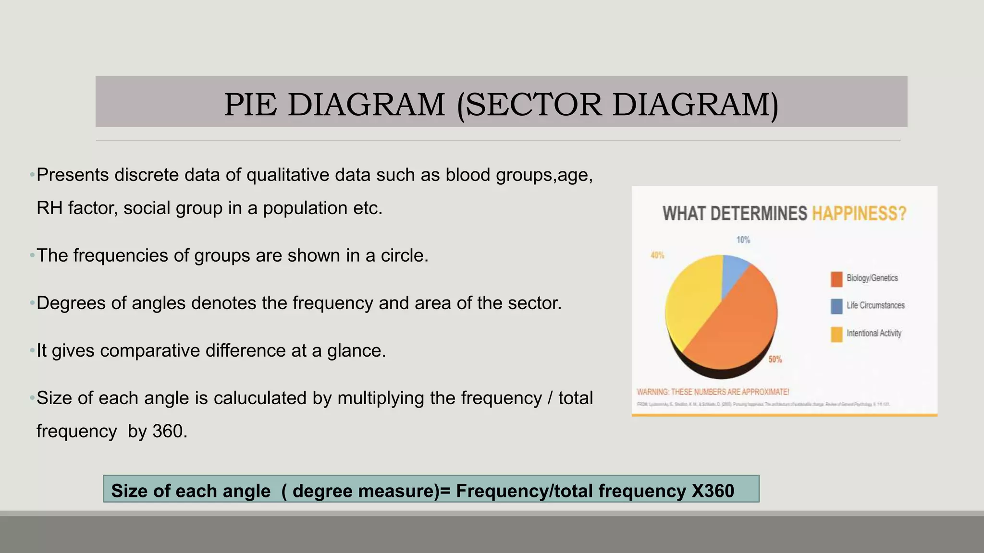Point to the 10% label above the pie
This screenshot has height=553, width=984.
[743, 240]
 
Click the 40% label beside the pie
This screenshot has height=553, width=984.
[657, 255]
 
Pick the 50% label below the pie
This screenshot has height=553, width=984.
[775, 359]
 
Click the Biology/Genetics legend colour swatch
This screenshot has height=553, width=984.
[836, 279]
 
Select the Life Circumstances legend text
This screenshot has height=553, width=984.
[875, 305]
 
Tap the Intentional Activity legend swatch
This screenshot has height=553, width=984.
[836, 334]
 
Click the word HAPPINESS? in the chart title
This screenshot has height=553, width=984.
[859, 214]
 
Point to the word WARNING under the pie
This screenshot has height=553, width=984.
[652, 392]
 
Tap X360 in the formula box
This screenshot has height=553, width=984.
[713, 491]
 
